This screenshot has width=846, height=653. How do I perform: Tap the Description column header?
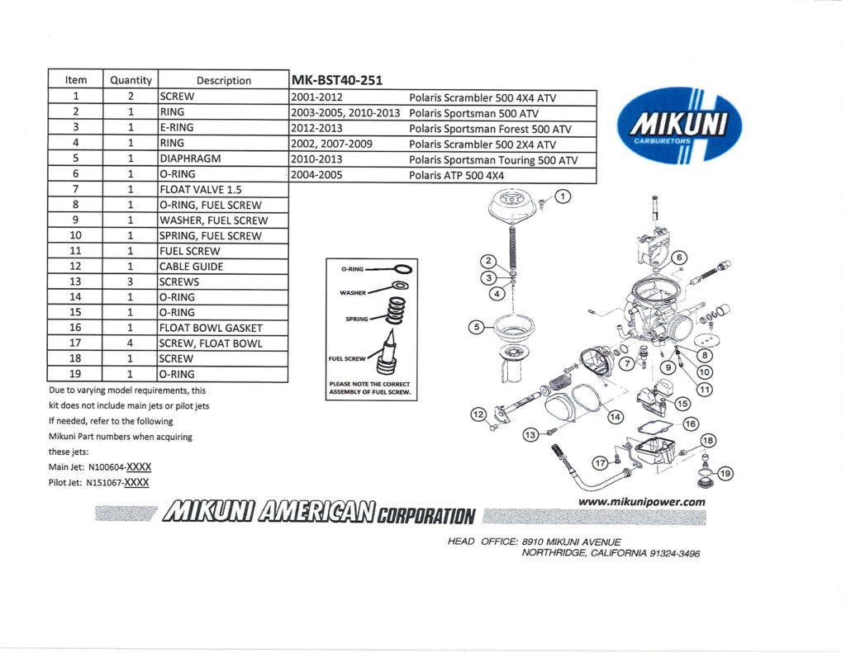[223, 80]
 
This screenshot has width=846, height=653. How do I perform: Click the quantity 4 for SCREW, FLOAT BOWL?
[131, 343]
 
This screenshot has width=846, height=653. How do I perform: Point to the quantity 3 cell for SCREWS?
[131, 282]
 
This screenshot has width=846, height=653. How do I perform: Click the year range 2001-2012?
[318, 97]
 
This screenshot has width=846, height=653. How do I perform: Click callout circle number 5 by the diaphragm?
[476, 327]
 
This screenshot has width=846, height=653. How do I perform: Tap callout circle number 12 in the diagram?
[478, 414]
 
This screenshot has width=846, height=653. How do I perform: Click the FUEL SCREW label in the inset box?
[346, 359]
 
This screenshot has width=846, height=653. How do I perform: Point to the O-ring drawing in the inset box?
[402, 268]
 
